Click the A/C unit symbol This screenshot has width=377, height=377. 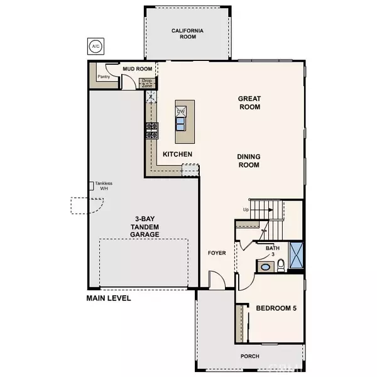pyautogui.click(x=96, y=47)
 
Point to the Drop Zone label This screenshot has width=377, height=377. pyautogui.click(x=146, y=82)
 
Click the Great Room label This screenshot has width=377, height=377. pyautogui.click(x=249, y=102)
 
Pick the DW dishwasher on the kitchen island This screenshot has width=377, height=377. pyautogui.click(x=181, y=111)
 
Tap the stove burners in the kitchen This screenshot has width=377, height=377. pyautogui.click(x=152, y=130)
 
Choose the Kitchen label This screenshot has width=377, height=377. pyautogui.click(x=177, y=154)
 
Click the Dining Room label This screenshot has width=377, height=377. pyautogui.click(x=249, y=161)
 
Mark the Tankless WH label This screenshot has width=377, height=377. pyautogui.click(x=104, y=186)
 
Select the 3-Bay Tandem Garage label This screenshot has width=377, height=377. pyautogui.click(x=141, y=224)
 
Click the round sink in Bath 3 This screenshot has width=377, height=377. pyautogui.click(x=265, y=266)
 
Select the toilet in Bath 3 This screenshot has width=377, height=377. pyautogui.click(x=281, y=265)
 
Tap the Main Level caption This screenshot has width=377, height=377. pyautogui.click(x=109, y=298)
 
